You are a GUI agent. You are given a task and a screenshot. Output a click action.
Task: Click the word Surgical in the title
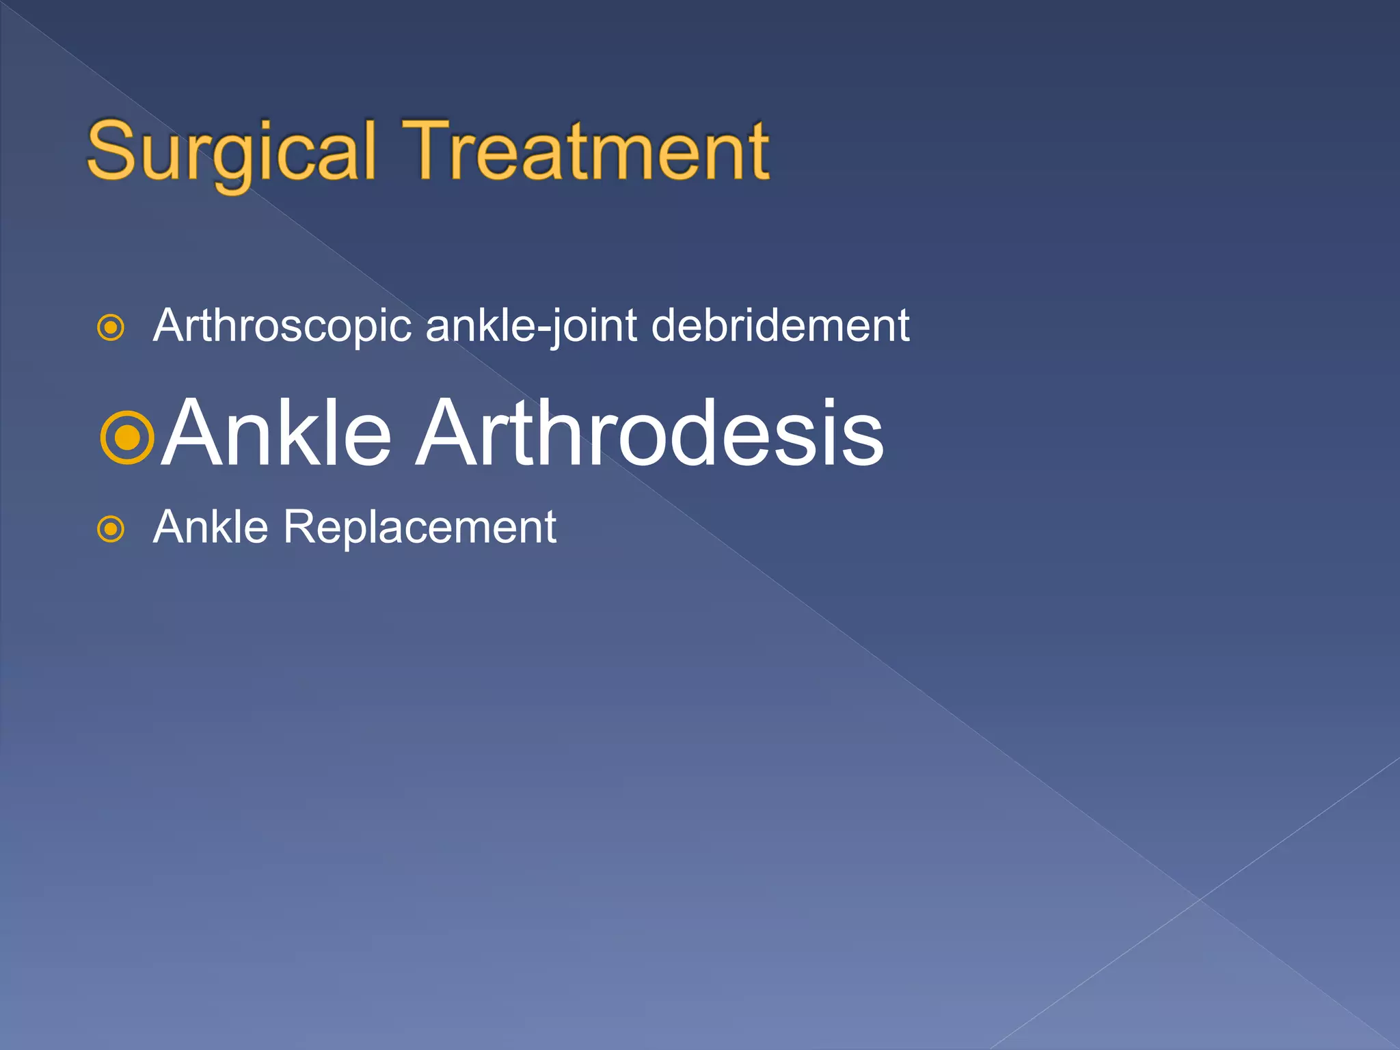232,152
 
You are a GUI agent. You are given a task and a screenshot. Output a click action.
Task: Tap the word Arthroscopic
282,326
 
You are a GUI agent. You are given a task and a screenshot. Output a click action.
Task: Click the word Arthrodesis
650,433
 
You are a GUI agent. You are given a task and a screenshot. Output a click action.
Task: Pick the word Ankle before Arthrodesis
277,433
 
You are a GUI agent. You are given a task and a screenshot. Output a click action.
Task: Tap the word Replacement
420,527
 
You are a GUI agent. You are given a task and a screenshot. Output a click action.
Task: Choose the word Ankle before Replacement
211,527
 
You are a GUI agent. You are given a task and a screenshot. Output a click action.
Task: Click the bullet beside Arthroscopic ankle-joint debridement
111,328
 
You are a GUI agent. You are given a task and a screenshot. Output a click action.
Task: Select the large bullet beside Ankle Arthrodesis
127,437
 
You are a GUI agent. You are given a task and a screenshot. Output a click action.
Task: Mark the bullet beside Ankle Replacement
111,529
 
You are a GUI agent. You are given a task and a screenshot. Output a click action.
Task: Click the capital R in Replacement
299,527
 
